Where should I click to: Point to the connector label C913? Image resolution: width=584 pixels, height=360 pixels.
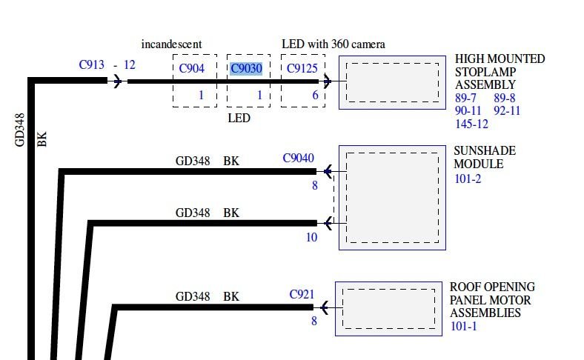93,64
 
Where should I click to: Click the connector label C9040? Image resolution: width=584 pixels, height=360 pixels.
298,159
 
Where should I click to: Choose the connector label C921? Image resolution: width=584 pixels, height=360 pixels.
302,295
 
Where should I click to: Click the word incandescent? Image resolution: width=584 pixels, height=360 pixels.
171,44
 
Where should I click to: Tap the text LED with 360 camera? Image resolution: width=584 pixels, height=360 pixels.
334,44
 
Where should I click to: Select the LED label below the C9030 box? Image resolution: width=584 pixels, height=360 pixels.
239,119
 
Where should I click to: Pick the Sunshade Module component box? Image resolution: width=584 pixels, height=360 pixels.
392,196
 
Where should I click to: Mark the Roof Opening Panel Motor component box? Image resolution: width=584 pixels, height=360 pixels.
388,307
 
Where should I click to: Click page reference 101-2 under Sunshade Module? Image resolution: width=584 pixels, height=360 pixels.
468,179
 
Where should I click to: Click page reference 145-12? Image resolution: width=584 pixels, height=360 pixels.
472,124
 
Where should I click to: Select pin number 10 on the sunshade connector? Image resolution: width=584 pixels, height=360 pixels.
311,238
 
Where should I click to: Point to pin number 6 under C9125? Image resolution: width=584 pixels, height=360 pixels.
315,96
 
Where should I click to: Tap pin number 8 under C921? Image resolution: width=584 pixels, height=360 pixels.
314,321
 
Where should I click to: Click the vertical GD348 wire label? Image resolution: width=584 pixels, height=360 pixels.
20,130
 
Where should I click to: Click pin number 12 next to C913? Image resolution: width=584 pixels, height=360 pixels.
130,64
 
